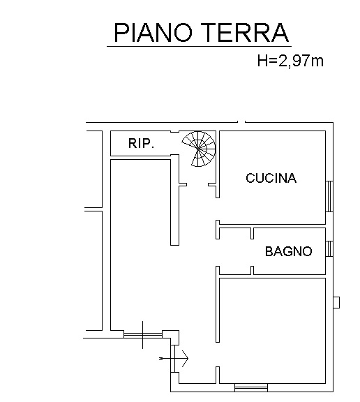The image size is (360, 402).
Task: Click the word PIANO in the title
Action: (153, 32)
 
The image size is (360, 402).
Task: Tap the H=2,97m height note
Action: (290, 61)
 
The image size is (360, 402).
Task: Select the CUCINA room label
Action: (271, 178)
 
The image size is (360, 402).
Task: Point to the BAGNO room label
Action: (289, 251)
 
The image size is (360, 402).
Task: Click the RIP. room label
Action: (141, 144)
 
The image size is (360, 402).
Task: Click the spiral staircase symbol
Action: (200, 149)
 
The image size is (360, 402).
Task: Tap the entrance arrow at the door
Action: (174, 358)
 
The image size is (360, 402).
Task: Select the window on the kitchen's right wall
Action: (329, 196)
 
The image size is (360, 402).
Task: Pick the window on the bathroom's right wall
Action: (329, 248)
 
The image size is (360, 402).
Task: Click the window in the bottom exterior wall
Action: (251, 387)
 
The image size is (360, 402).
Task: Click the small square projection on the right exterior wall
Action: (336, 302)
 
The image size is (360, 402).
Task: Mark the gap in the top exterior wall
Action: (241, 122)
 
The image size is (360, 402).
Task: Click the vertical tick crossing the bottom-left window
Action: (143, 335)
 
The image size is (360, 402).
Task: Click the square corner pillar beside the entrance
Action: (171, 337)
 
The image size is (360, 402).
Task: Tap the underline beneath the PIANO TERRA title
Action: (199, 47)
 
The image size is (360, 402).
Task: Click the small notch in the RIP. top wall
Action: (174, 132)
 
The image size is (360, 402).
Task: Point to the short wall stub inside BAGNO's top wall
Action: (252, 233)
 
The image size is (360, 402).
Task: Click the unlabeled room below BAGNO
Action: (272, 331)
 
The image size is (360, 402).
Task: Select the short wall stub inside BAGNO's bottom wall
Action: (252, 271)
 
